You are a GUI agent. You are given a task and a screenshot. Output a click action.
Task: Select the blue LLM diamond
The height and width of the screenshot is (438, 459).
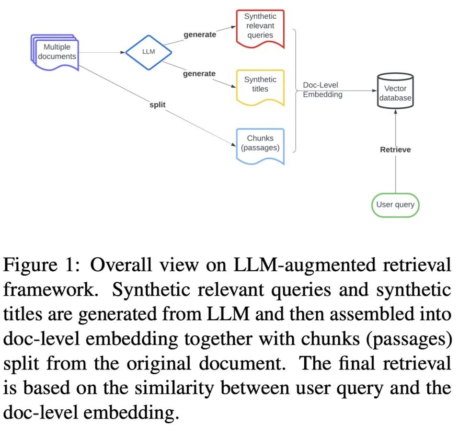point(149,51)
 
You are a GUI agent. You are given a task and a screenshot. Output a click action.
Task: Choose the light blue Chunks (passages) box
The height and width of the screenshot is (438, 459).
point(260,143)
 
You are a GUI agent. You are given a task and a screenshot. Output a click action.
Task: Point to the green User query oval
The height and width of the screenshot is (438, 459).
point(395,205)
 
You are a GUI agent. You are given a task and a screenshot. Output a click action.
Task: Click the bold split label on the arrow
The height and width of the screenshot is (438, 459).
point(158,104)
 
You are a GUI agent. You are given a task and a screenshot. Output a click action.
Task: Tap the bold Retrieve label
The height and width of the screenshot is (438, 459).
point(395,150)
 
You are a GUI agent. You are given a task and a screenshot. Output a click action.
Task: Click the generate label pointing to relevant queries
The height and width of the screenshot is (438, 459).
point(199,35)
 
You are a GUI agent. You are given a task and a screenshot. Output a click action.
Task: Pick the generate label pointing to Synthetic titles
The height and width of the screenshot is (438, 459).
point(199,74)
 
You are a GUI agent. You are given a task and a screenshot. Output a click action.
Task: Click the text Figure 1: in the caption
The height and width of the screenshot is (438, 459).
point(40,265)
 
